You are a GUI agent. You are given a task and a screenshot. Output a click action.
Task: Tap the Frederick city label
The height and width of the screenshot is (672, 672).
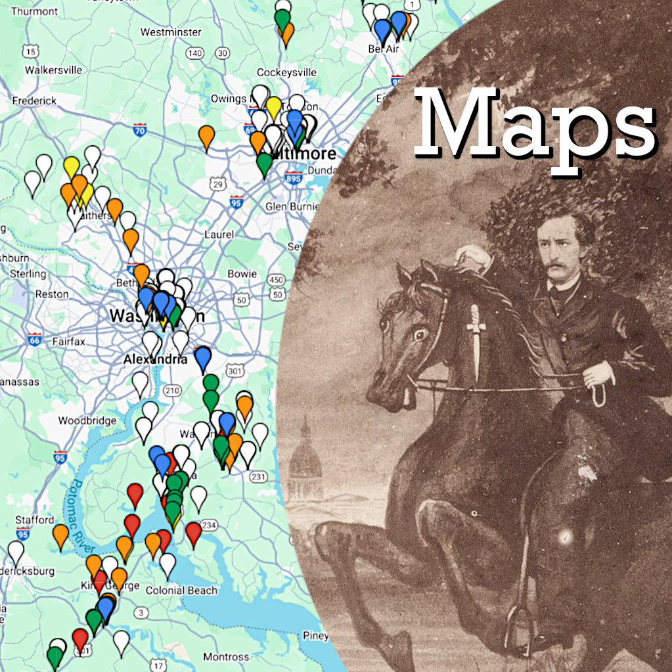click(34, 101)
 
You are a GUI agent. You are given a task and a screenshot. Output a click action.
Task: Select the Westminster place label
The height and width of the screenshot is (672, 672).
click(162, 32)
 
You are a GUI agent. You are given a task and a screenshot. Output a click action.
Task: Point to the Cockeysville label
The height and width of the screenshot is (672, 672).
click(286, 72)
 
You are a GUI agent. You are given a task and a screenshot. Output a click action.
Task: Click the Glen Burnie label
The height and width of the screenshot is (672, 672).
click(292, 206)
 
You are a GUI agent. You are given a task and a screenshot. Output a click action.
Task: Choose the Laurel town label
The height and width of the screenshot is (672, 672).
click(219, 234)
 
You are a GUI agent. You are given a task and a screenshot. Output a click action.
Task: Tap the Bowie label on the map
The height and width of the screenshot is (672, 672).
click(242, 273)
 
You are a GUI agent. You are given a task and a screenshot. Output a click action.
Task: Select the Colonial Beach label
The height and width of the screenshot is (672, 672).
click(181, 590)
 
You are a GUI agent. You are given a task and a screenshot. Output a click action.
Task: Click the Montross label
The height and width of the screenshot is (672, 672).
click(226, 657)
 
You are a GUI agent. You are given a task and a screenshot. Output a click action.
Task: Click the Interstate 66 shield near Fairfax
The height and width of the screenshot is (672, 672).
click(35, 340)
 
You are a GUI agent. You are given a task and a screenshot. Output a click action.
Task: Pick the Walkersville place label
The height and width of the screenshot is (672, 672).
click(53, 70)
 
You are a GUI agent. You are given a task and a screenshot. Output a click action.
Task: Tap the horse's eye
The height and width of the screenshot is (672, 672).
click(419, 334)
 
